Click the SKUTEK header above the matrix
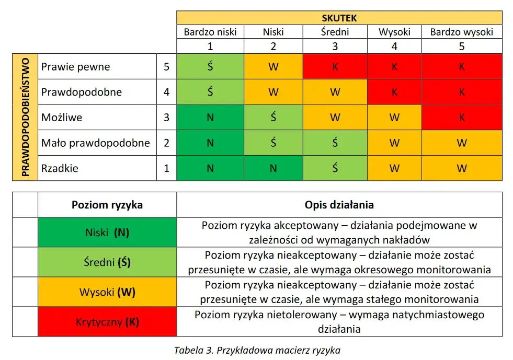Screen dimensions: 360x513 (339, 18)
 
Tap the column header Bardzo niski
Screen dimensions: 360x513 (210, 32)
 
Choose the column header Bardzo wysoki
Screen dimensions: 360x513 (461, 32)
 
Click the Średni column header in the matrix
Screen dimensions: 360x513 (335, 32)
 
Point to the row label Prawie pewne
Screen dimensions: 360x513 (75, 67)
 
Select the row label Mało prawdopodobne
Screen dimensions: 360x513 (95, 143)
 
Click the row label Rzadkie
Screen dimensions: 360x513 (60, 168)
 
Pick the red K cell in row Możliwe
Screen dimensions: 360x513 (461, 118)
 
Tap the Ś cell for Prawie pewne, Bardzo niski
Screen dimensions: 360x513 (210, 67)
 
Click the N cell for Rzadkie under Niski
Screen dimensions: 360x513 (273, 168)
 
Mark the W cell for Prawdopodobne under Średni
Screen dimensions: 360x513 (335, 92)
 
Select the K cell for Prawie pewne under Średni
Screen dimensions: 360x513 (335, 67)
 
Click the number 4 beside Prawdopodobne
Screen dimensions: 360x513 (166, 92)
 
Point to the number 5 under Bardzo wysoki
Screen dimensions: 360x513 (461, 47)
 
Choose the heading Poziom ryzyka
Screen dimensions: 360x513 (107, 205)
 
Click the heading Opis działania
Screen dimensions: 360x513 (339, 205)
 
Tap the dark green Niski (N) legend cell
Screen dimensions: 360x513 (107, 233)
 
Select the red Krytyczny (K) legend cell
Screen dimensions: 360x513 (107, 322)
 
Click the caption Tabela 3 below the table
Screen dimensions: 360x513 (257, 350)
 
